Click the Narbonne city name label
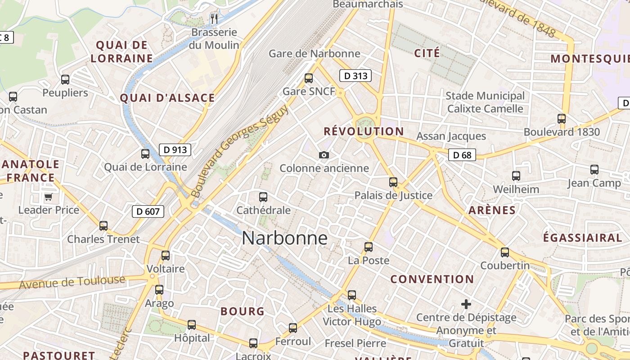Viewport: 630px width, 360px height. point(284,238)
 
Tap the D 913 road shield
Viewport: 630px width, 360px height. point(175,150)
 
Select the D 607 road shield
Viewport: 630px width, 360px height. point(148,211)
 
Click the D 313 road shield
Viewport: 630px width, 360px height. point(355,76)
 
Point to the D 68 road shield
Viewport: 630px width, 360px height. point(462,155)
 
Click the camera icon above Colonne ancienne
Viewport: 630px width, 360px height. point(324,155)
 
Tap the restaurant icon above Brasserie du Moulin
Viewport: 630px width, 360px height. point(214,18)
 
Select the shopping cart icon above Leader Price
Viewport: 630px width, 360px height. point(48,197)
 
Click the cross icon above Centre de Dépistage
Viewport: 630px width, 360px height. point(466,304)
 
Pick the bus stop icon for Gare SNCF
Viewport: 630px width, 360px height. point(309,78)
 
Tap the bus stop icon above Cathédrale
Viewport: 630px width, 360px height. point(263,197)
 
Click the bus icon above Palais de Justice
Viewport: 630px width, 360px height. point(393,182)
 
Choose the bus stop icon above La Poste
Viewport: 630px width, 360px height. point(369,247)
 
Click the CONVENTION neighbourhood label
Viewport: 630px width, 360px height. point(432,279)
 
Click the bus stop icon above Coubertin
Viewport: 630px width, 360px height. point(505,252)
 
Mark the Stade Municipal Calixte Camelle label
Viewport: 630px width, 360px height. point(485,102)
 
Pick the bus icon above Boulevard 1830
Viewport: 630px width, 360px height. point(562,119)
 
